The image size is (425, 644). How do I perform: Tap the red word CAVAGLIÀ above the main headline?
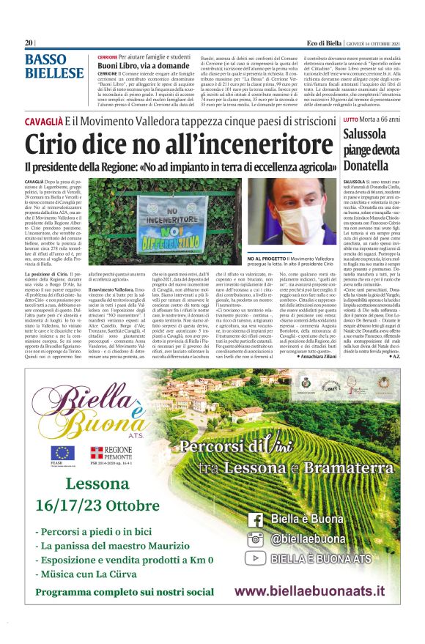(43, 119)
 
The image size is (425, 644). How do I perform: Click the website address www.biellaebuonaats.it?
(309, 591)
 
